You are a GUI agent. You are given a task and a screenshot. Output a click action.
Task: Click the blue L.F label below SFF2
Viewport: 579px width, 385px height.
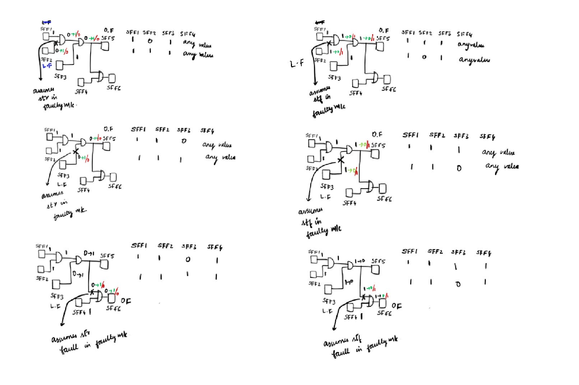click(x=47, y=66)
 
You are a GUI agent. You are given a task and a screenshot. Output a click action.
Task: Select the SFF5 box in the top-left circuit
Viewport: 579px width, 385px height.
click(x=105, y=46)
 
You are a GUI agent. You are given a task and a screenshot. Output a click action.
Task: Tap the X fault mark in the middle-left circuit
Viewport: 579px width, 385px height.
click(x=75, y=151)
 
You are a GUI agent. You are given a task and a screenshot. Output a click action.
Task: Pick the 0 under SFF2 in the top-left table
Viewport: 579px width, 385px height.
click(x=150, y=41)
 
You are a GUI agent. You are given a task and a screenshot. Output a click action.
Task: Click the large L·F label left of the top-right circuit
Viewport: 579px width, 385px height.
click(x=297, y=64)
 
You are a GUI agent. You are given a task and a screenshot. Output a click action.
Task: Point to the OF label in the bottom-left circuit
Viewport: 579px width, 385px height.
click(x=126, y=301)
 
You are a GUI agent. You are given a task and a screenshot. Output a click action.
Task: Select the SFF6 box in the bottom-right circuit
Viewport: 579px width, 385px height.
click(x=383, y=303)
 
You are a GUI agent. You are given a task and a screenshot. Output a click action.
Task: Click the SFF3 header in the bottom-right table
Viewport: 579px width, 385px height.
click(x=458, y=252)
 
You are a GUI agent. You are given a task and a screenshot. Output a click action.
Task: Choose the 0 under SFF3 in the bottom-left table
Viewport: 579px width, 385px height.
click(x=187, y=259)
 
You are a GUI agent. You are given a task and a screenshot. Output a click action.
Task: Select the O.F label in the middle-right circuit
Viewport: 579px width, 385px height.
click(x=377, y=134)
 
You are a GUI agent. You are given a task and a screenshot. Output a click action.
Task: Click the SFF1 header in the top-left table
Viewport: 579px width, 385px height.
click(x=133, y=32)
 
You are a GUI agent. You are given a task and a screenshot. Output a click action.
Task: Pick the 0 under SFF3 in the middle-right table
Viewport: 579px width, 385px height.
click(x=459, y=168)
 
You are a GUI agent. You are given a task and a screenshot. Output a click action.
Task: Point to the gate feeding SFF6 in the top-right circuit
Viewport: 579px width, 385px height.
click(x=376, y=77)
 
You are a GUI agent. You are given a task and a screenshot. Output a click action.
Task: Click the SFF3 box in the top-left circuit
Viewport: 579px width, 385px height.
click(x=59, y=65)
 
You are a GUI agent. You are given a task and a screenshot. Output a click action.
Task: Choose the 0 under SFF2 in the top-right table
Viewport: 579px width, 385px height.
click(x=424, y=57)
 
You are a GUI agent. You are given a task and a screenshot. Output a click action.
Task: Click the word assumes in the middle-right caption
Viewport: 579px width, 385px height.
click(x=311, y=211)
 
